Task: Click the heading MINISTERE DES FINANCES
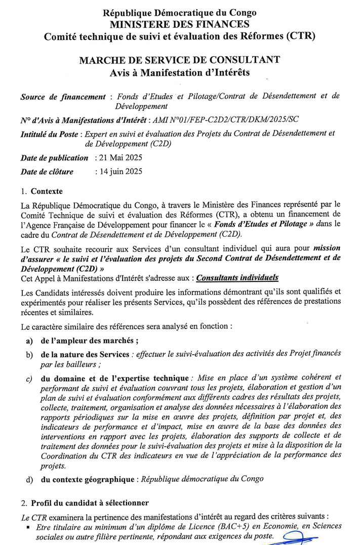(x=180, y=24)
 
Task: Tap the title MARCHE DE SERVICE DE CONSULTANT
(x=180, y=60)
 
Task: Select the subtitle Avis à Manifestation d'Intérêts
(x=180, y=72)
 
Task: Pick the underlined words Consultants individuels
(x=237, y=278)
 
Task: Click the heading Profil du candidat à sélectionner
(x=90, y=503)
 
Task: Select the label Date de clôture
(x=47, y=172)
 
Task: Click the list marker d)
(x=30, y=478)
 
